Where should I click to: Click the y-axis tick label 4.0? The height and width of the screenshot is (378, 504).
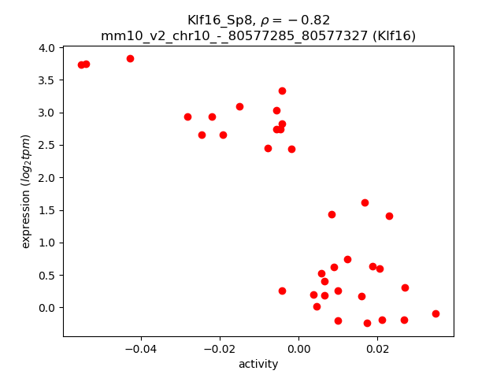coord(46,48)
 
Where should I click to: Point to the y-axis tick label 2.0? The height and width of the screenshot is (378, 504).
coord(46,178)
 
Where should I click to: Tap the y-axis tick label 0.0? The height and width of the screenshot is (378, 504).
coord(46,308)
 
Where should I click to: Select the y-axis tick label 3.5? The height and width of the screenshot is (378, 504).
coord(46,80)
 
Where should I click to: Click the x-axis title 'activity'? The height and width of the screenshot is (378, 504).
coord(258,364)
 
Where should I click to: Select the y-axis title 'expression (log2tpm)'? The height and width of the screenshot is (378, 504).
coord(26,191)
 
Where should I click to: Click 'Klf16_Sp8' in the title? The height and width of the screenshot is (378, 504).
coord(217,20)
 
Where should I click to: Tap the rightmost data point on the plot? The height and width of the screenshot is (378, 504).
coord(435,313)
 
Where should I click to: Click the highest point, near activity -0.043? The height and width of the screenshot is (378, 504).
coord(130,58)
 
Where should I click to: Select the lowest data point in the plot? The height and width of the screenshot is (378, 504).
coord(367,323)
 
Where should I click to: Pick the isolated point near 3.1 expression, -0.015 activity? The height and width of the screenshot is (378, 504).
coord(239,106)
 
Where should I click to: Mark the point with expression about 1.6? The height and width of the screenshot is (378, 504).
coord(365,202)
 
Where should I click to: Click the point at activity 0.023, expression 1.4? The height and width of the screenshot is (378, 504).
coord(389,216)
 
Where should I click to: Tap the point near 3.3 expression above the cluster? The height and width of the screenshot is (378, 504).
coord(282,91)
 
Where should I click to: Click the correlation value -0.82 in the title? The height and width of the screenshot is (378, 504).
coord(309,20)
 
